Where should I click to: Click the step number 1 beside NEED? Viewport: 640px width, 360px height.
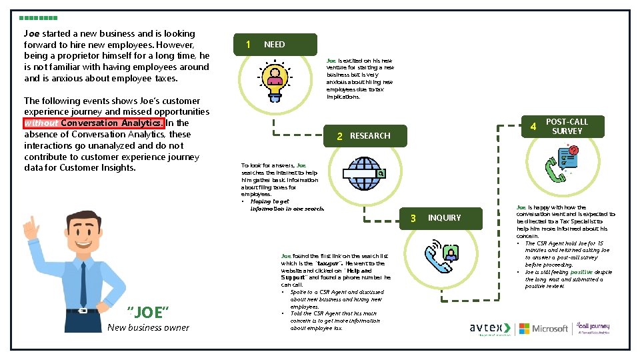tap(248, 45)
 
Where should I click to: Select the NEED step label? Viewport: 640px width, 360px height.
tap(274, 45)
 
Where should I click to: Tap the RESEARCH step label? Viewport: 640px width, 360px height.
tap(370, 136)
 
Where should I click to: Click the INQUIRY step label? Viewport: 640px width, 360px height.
tap(444, 218)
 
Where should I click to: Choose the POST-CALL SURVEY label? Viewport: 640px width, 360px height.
tap(567, 127)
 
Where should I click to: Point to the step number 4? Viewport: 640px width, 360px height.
tap(533, 127)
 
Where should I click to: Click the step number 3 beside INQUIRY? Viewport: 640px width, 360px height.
tap(413, 218)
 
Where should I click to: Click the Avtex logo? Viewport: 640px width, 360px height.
tap(490, 328)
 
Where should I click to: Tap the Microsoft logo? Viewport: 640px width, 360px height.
tap(544, 328)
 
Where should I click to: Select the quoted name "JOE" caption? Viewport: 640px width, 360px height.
tap(148, 312)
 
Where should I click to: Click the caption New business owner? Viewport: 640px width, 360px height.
tap(148, 327)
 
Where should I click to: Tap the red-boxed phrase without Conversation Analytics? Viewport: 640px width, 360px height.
tap(93, 123)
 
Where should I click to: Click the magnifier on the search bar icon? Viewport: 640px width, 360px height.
tap(381, 174)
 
